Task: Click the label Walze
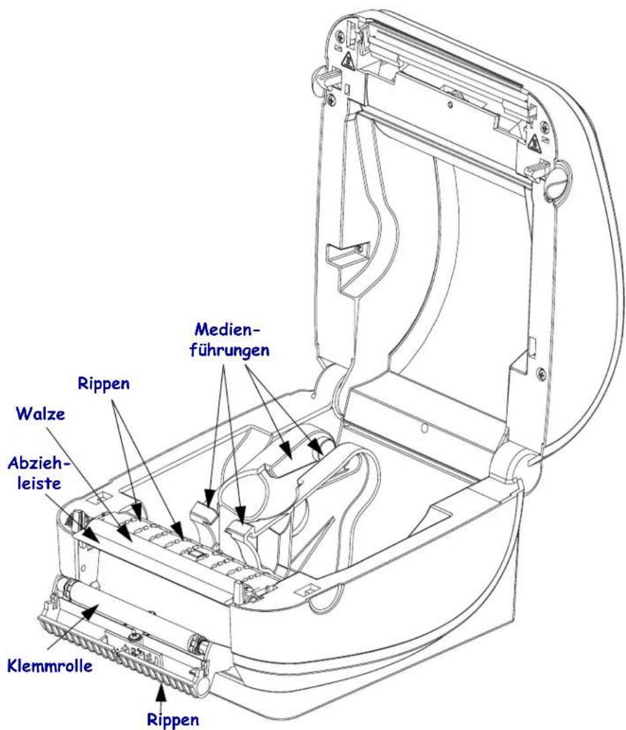40,414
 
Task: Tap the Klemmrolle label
50,666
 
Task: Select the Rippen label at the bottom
173,720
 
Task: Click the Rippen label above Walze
103,384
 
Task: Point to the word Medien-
227,330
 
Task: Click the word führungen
229,350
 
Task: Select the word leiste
39,483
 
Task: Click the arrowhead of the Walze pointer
125,533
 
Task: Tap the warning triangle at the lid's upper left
347,59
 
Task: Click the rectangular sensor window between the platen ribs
195,554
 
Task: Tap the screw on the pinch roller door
134,636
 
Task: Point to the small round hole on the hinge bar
423,428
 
